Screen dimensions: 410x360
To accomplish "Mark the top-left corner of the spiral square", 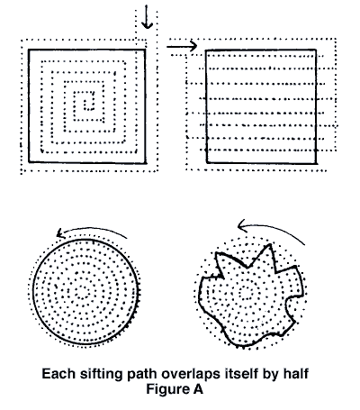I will pyautogui.click(x=28, y=50).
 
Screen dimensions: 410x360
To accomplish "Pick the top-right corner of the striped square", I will pyautogui.click(x=315, y=50).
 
